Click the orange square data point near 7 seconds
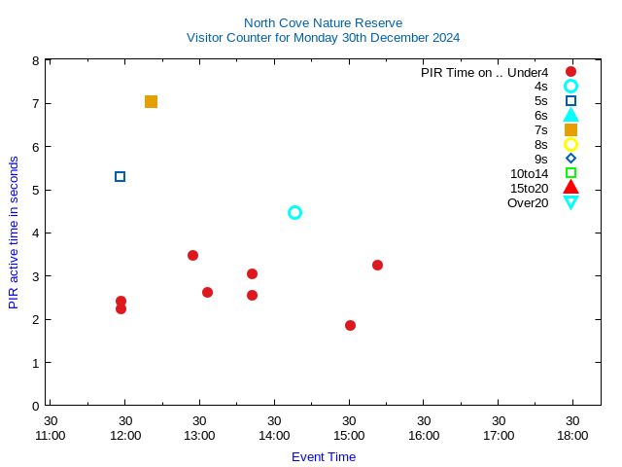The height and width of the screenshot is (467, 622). tap(151, 102)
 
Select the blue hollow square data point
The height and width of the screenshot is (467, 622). tap(120, 176)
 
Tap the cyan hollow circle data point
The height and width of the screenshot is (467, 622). tap(294, 212)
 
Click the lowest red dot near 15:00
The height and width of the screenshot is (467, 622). tap(350, 325)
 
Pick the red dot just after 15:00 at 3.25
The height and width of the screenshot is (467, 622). tap(377, 265)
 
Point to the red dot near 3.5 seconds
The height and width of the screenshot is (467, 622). tap(192, 255)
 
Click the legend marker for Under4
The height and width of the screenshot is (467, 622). tap(570, 71)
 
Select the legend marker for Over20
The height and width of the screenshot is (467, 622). tap(570, 202)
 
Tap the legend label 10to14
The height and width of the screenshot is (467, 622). tap(529, 173)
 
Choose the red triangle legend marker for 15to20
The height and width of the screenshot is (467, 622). tap(570, 188)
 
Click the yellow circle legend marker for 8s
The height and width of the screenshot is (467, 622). tap(570, 144)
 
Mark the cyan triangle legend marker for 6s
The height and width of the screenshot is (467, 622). tap(570, 115)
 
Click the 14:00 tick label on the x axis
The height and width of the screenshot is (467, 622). tap(274, 436)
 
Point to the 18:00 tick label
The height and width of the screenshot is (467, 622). tap(572, 436)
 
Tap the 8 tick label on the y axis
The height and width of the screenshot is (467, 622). tap(35, 60)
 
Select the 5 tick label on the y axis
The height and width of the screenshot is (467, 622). tap(35, 190)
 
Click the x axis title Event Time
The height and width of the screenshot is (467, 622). tap(324, 456)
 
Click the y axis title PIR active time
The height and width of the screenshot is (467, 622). tap(14, 232)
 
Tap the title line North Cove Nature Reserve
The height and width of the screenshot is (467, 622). tap(323, 22)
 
